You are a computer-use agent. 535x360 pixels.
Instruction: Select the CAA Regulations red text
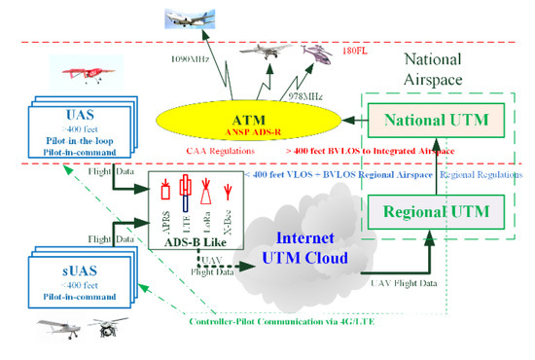point(220,150)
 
